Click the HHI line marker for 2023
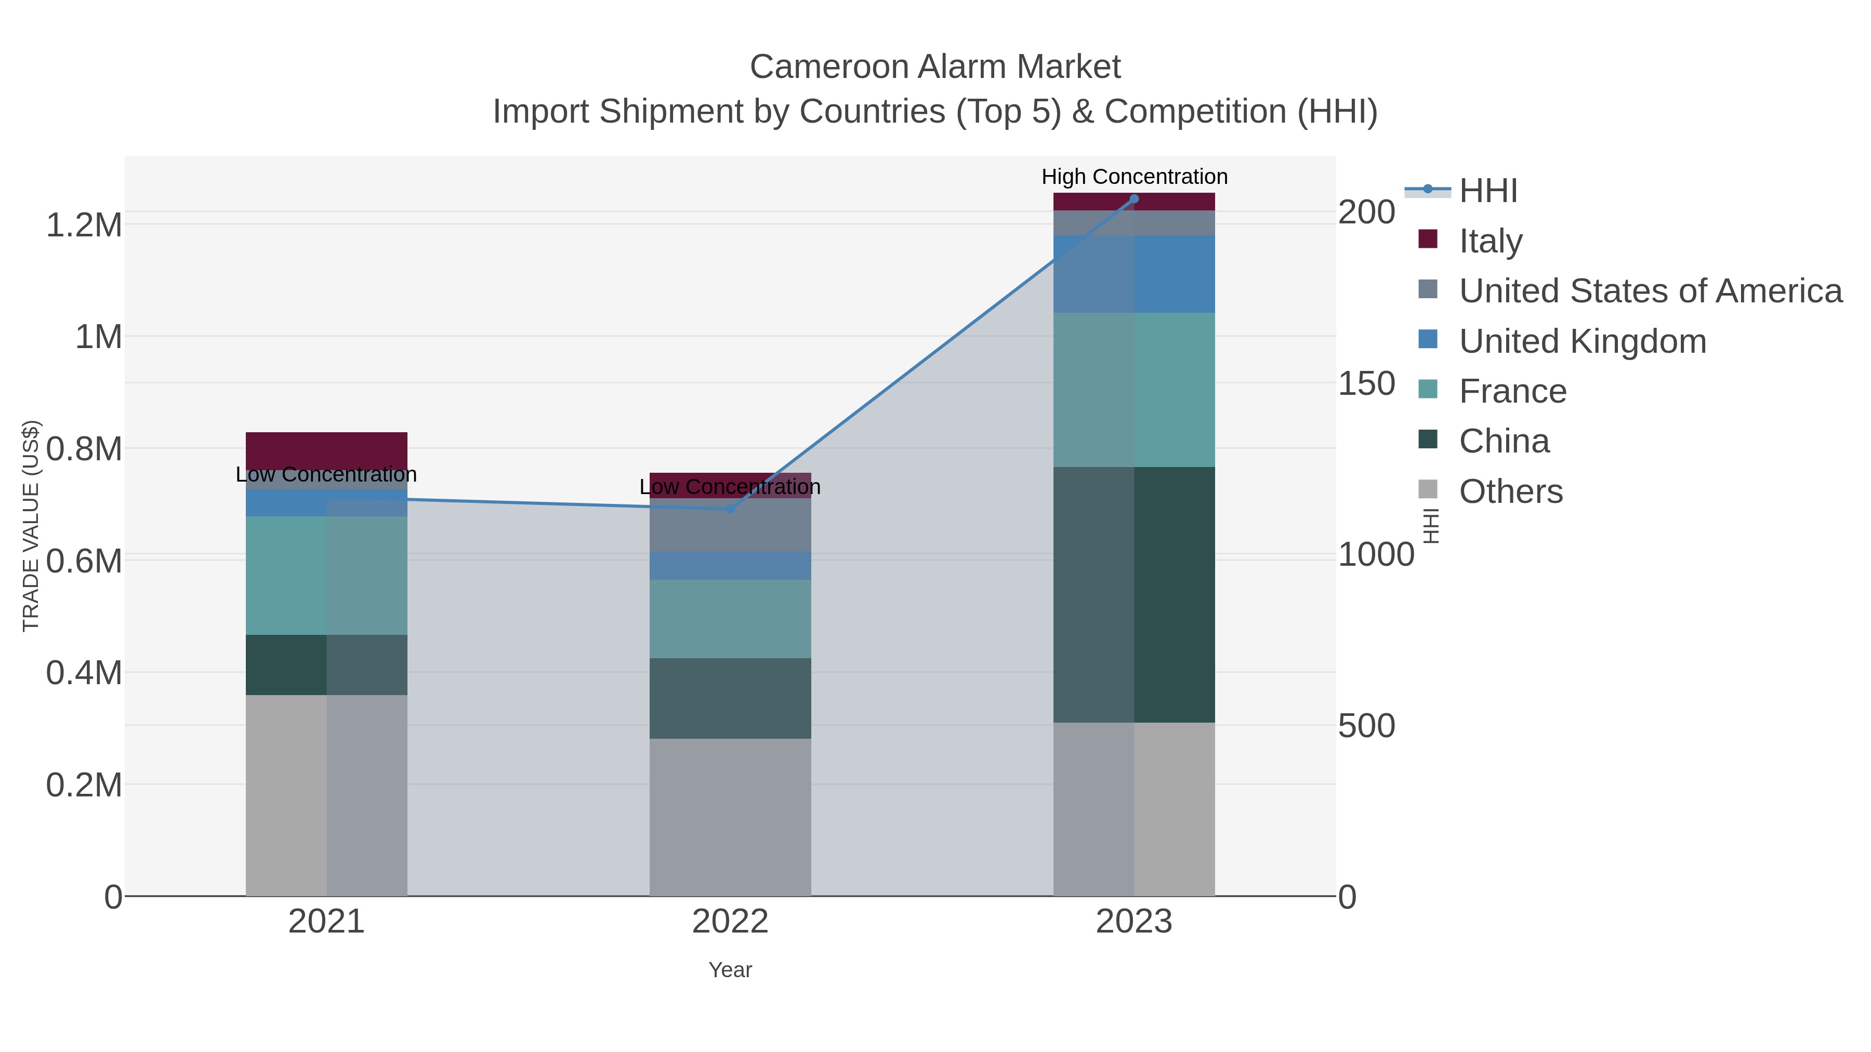point(1134,199)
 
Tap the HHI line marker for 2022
point(731,509)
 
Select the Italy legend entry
point(1491,241)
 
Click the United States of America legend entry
point(1650,290)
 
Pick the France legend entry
point(1512,391)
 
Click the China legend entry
point(1504,441)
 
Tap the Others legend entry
point(1511,491)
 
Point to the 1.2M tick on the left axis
point(84,225)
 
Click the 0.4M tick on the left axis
point(84,673)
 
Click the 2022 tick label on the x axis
point(730,922)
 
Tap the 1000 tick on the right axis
point(1376,555)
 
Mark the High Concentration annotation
point(1135,177)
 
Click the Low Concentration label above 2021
point(326,475)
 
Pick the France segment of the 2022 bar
point(730,619)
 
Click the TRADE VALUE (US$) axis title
point(31,526)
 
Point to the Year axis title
point(730,970)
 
